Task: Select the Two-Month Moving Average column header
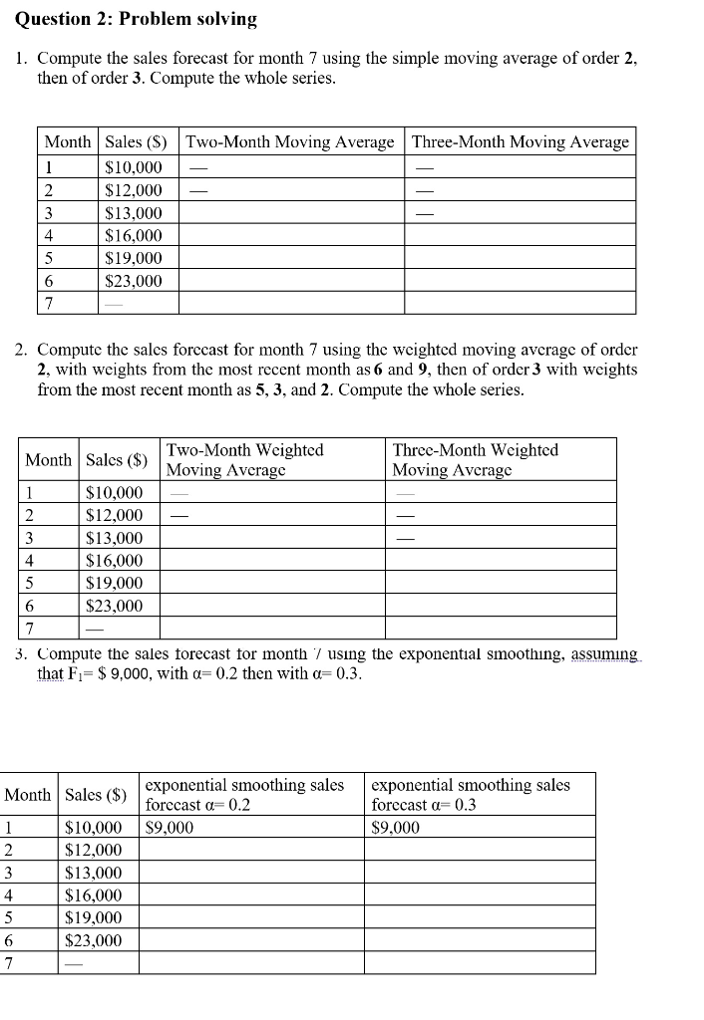click(x=290, y=142)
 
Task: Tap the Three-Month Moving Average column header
click(x=521, y=142)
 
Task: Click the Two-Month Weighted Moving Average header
click(x=244, y=459)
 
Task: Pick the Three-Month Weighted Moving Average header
click(x=476, y=459)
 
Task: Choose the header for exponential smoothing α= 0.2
click(x=244, y=794)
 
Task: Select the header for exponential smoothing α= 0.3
click(x=471, y=794)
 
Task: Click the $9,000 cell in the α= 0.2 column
click(x=170, y=827)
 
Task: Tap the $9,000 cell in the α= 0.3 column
click(x=396, y=827)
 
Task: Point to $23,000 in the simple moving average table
click(x=134, y=281)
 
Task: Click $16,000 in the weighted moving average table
click(x=115, y=561)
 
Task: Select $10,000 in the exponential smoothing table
click(x=94, y=827)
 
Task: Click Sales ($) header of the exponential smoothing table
click(x=96, y=794)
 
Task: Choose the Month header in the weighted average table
click(x=48, y=459)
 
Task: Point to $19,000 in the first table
click(x=134, y=258)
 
